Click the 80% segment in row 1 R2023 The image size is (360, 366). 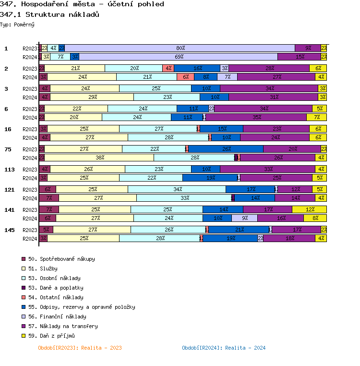(x=180, y=48)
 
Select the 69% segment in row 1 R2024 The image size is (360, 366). (x=179, y=57)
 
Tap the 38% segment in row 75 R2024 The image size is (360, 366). (x=99, y=158)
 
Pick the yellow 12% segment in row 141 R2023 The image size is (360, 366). (x=310, y=209)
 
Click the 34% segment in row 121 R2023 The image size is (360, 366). (x=177, y=189)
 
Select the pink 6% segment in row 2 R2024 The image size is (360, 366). (x=185, y=77)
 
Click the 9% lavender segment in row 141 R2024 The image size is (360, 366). (x=245, y=218)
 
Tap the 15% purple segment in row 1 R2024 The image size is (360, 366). (x=300, y=57)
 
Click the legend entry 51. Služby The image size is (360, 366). (x=43, y=268)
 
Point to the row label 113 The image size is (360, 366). (x=9, y=170)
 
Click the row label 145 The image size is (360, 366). (x=9, y=230)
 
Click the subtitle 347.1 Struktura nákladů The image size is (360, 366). (x=49, y=14)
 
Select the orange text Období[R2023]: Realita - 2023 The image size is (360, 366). (x=80, y=348)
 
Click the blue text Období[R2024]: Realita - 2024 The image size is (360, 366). (x=224, y=348)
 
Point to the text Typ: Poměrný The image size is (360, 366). (x=17, y=24)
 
